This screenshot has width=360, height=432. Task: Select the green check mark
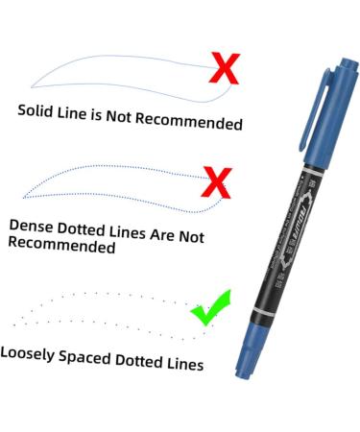click(x=210, y=308)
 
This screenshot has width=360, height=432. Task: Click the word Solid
click(x=37, y=109)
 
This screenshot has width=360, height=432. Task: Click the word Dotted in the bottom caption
click(x=145, y=362)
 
